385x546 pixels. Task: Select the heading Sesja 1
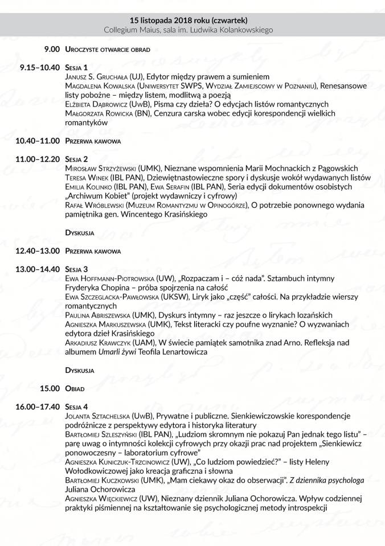tap(76, 67)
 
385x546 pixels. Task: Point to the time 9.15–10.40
tap(39, 67)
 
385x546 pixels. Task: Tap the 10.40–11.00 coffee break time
tap(38, 140)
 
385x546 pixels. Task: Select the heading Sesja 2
tap(76, 158)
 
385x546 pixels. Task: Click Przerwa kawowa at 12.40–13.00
tap(92, 251)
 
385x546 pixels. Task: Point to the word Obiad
tap(75, 388)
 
